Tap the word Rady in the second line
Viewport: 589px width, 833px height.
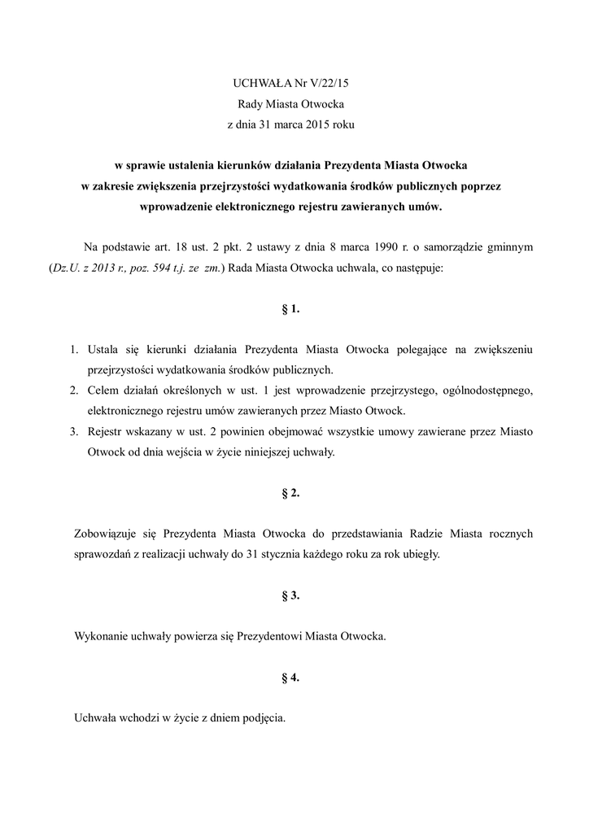coord(250,104)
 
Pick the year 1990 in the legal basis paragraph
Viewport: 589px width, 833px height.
coord(382,246)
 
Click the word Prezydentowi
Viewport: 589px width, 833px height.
coord(268,636)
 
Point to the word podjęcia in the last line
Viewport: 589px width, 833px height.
coord(262,719)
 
